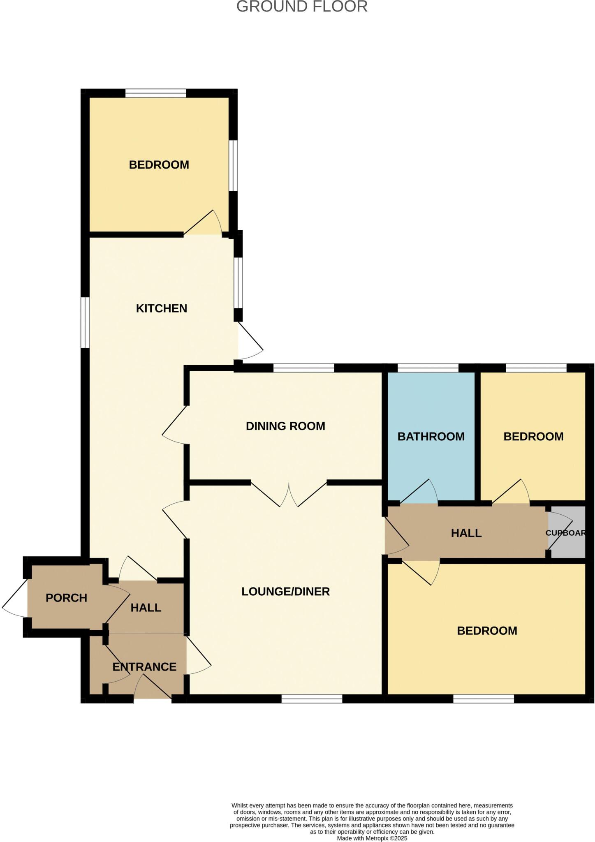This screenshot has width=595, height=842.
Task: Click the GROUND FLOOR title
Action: pyautogui.click(x=301, y=7)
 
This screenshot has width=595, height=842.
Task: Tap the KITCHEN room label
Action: pyautogui.click(x=161, y=308)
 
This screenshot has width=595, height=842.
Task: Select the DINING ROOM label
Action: pyautogui.click(x=285, y=426)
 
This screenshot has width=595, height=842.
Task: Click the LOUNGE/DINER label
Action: pyautogui.click(x=285, y=592)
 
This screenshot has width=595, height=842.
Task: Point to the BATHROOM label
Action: pyautogui.click(x=431, y=437)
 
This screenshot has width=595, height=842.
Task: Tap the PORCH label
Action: pyautogui.click(x=66, y=598)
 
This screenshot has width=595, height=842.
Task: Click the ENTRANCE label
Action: pyautogui.click(x=144, y=667)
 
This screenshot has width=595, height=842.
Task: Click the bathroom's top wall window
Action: pyautogui.click(x=428, y=368)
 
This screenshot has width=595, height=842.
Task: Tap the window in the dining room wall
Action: pyautogui.click(x=303, y=368)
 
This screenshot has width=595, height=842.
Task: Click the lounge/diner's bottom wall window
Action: pyautogui.click(x=312, y=699)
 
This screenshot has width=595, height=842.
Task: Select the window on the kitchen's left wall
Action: pyautogui.click(x=85, y=322)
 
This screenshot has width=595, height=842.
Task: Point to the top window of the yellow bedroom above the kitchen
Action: pyautogui.click(x=155, y=93)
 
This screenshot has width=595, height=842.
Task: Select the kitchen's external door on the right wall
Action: pyautogui.click(x=250, y=342)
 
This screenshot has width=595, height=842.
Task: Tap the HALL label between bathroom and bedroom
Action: pyautogui.click(x=466, y=533)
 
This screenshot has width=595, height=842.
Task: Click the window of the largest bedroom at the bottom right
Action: pyautogui.click(x=484, y=699)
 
